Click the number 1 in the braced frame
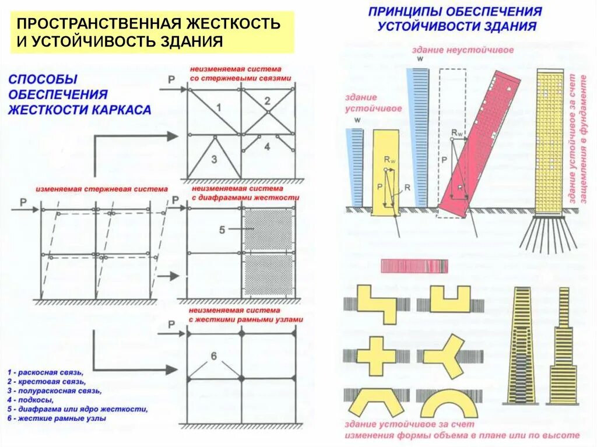pyautogui.click(x=218, y=108)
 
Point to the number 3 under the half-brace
pyautogui.click(x=214, y=159)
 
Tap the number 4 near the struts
pyautogui.click(x=267, y=146)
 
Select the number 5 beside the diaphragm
pyautogui.click(x=222, y=230)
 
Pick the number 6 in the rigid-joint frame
pyautogui.click(x=213, y=356)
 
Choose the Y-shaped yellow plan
pyautogui.click(x=445, y=354)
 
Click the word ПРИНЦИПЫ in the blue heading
pyautogui.click(x=407, y=12)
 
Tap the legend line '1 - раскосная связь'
pyautogui.click(x=46, y=372)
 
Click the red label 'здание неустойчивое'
pyautogui.click(x=463, y=50)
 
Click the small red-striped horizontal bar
pyautogui.click(x=414, y=266)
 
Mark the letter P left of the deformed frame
pyautogui.click(x=23, y=202)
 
